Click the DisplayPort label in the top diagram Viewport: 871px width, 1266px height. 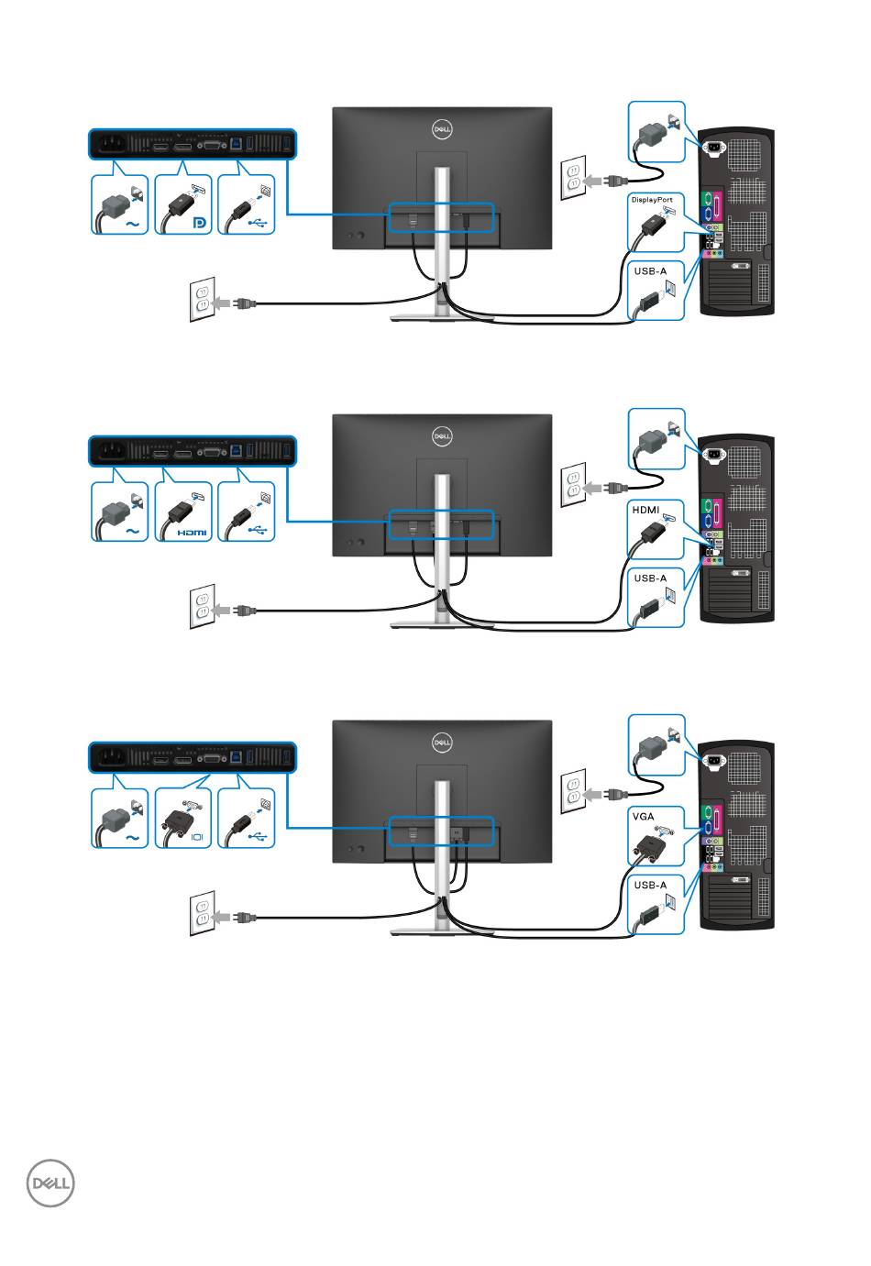[x=652, y=200]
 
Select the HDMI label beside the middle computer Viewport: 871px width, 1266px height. [x=645, y=510]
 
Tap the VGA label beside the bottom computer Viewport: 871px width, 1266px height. [x=644, y=816]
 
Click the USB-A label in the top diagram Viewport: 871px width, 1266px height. [x=650, y=270]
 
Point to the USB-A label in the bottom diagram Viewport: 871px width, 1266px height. [x=650, y=885]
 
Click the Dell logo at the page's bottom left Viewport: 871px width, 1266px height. [x=50, y=1183]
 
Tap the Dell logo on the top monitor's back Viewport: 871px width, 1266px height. [x=442, y=129]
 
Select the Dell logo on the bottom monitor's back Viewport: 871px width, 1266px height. [x=442, y=742]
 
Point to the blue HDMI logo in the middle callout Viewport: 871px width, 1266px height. [x=192, y=533]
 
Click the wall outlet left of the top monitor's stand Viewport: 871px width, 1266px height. [x=203, y=299]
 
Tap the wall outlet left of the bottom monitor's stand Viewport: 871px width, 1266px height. [x=203, y=913]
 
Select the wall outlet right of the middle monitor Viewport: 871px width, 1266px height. [x=573, y=484]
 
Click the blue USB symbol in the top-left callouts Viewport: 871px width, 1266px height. [x=258, y=224]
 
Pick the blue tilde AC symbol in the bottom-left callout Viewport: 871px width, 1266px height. [x=132, y=838]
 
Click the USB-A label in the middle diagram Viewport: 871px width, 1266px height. [x=650, y=578]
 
